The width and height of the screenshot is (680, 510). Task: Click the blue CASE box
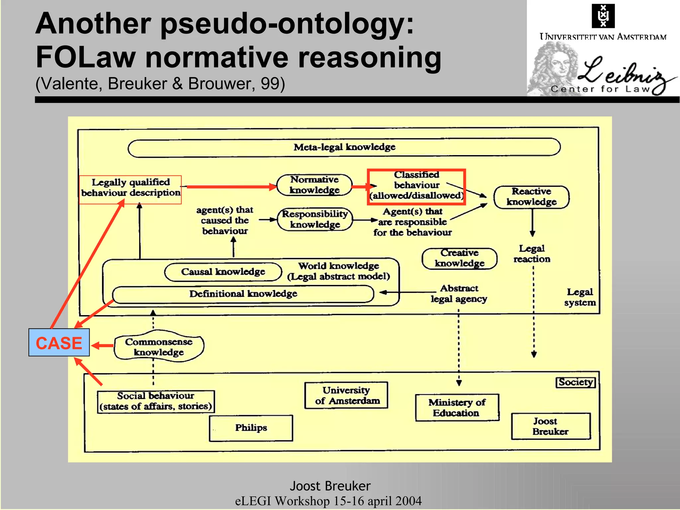[59, 342]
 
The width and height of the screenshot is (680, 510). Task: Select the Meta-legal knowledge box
[344, 147]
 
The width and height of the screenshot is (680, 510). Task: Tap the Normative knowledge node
[314, 185]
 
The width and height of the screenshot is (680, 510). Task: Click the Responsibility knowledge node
[314, 219]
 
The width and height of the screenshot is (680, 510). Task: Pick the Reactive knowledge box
[531, 197]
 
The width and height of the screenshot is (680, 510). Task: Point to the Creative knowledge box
[460, 258]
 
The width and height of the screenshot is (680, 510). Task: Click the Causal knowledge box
[223, 272]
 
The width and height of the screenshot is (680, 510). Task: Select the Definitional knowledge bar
[243, 294]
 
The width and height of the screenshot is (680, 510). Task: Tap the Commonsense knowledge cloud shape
[159, 347]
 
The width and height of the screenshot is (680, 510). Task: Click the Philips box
[251, 428]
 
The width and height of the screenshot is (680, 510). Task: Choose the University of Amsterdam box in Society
[346, 395]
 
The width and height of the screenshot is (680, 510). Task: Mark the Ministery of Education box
[457, 407]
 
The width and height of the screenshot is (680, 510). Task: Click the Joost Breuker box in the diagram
[551, 426]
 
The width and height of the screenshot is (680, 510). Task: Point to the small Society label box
[575, 382]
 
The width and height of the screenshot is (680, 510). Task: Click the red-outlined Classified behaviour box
[416, 186]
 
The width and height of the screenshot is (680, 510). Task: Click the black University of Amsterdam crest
[603, 16]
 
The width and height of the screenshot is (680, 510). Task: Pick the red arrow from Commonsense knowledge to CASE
[102, 346]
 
